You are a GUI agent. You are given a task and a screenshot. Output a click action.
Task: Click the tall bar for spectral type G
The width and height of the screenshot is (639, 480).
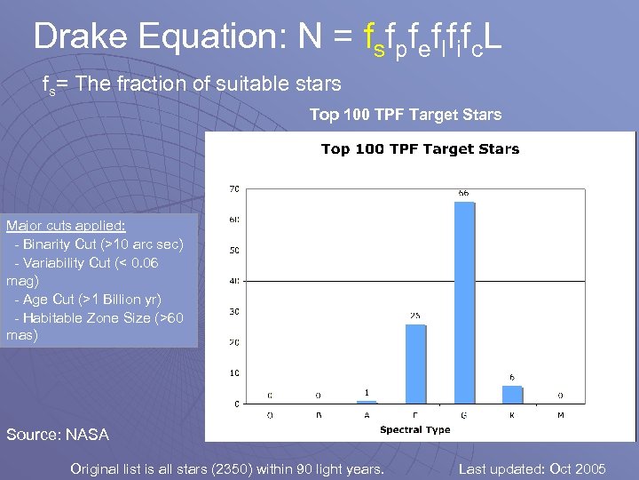[464, 302]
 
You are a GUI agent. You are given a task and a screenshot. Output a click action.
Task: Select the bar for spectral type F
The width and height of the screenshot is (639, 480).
[415, 364]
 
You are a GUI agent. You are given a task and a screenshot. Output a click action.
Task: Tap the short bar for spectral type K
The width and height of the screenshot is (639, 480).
[512, 395]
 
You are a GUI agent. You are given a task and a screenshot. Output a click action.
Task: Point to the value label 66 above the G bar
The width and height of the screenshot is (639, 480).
[464, 193]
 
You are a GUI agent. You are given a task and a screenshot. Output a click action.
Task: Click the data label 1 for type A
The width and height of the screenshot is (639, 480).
[367, 392]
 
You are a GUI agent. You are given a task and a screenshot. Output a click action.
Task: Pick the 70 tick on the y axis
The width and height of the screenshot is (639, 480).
[234, 188]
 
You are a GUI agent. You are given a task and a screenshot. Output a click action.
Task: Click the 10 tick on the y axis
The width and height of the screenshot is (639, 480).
[234, 373]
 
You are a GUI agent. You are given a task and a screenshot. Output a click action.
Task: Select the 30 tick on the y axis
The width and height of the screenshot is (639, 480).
[234, 311]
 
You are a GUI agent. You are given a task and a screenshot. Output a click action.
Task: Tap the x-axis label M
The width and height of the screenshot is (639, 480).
[561, 414]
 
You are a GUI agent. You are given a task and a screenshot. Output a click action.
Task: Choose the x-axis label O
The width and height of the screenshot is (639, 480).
[270, 414]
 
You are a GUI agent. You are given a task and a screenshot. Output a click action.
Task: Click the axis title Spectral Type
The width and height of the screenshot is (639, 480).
[414, 430]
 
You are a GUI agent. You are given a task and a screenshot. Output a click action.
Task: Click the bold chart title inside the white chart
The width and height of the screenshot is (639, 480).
[420, 149]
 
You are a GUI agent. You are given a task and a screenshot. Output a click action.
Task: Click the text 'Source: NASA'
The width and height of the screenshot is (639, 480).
[58, 435]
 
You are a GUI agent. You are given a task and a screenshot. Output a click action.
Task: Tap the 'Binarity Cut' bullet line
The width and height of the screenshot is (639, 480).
[98, 244]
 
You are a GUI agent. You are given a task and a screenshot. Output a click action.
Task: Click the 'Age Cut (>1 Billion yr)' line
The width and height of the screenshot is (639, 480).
[88, 300]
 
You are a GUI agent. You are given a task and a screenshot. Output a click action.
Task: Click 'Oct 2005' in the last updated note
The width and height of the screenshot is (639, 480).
[577, 468]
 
